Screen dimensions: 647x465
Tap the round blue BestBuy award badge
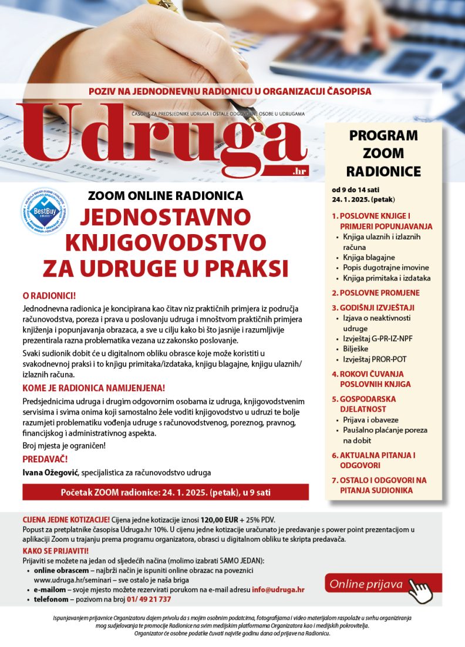click(x=44, y=211)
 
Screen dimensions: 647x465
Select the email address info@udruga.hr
click(x=278, y=589)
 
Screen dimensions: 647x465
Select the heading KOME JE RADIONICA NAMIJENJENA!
click(x=93, y=388)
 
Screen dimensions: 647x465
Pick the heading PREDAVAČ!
click(x=45, y=459)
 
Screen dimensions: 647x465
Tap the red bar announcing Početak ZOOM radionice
click(x=166, y=492)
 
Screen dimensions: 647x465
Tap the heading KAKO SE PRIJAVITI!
click(x=56, y=551)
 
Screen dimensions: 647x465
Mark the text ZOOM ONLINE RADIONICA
click(x=165, y=196)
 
